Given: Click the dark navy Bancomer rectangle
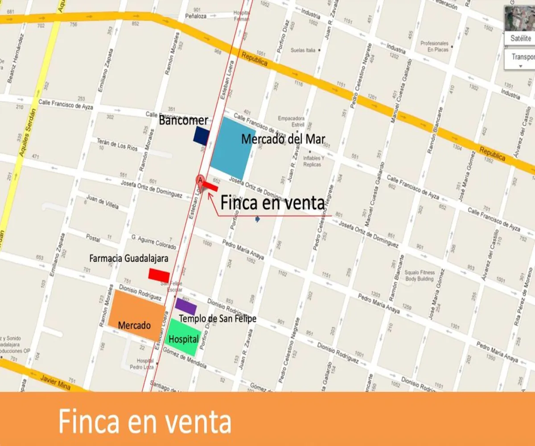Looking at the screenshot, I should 202,136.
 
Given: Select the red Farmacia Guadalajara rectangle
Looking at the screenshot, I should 159,275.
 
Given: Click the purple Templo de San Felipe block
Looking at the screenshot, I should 186,306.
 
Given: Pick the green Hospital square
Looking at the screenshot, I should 183,338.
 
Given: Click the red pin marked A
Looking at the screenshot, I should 200,181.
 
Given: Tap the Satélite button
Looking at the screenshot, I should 520,38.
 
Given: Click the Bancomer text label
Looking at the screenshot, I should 183,120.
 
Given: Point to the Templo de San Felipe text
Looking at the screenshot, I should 218,318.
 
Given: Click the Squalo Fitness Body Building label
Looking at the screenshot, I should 419,276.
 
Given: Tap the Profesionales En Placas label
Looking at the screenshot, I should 434,46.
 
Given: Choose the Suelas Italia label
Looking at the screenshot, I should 303,50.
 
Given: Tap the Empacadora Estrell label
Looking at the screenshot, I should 291,121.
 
